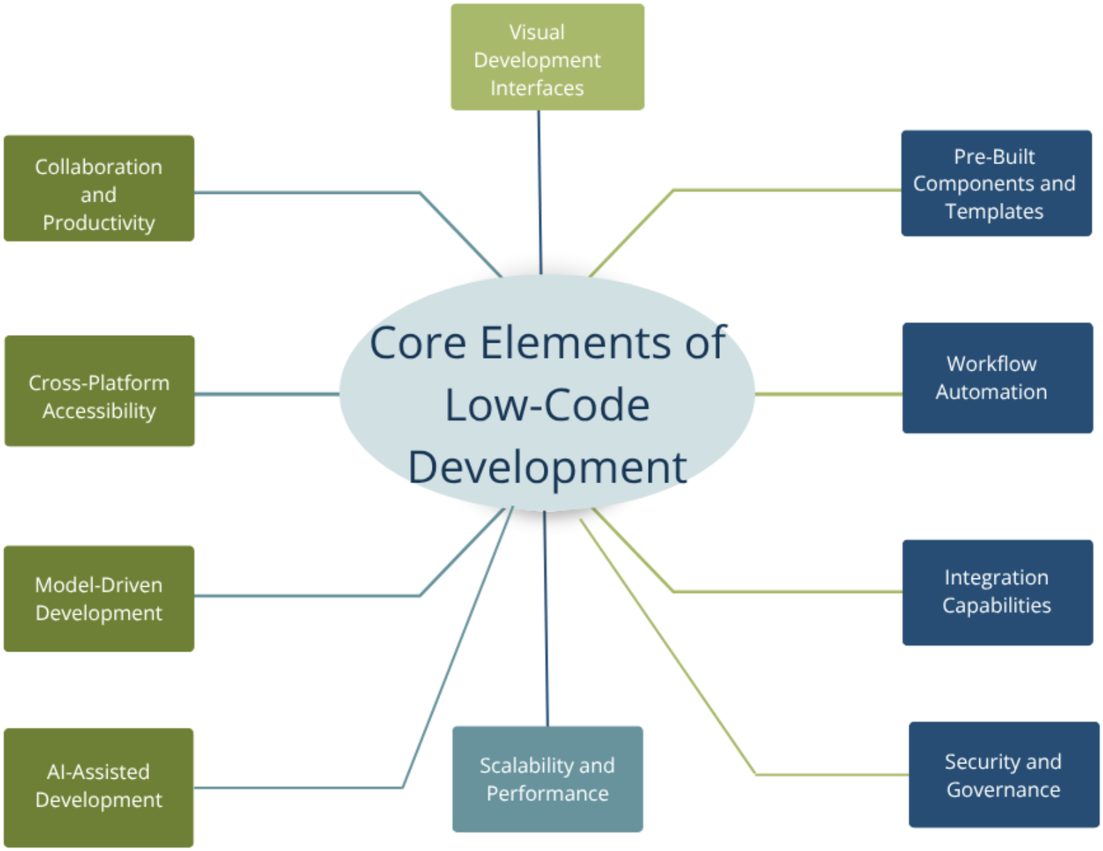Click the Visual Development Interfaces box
(547, 57)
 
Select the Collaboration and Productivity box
(99, 188)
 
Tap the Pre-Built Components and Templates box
(996, 184)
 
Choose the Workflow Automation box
(997, 378)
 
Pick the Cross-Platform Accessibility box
(99, 391)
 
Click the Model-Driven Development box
(99, 599)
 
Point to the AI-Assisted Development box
(99, 787)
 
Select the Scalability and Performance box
(547, 779)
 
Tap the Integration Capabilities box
(997, 592)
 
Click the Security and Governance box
(1004, 775)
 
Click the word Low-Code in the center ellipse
(547, 405)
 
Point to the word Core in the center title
(417, 343)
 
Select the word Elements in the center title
(574, 343)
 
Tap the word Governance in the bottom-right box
(1004, 790)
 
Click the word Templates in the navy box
(994, 211)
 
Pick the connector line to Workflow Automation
(828, 394)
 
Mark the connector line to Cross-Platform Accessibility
(267, 394)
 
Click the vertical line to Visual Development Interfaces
(540, 191)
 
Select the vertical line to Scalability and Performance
(546, 619)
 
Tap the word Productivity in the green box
(99, 223)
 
